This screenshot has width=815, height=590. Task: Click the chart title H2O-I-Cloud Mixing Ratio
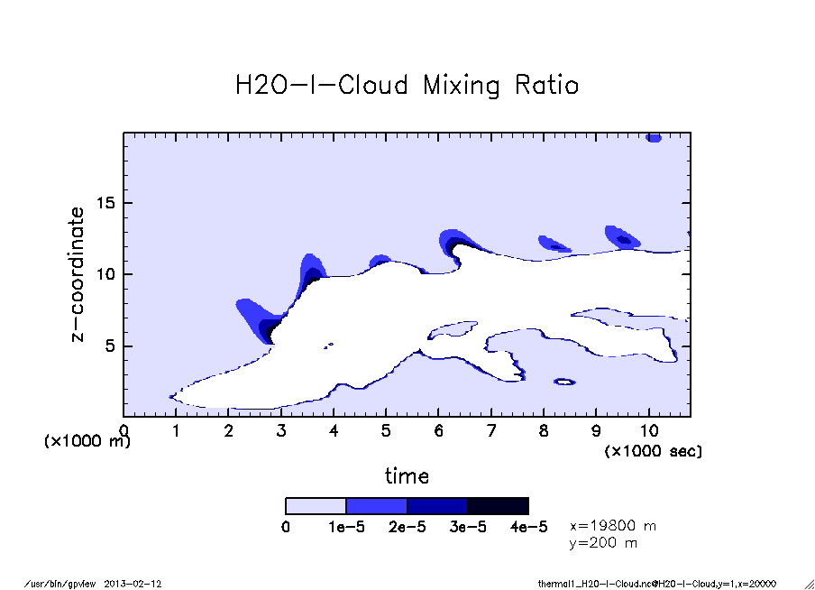click(407, 86)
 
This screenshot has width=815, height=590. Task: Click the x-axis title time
click(407, 475)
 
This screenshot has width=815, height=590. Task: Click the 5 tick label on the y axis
click(112, 346)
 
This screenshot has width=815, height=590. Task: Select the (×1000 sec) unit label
click(653, 450)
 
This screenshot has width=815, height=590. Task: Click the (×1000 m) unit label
click(87, 441)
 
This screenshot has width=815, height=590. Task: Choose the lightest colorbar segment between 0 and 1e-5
click(316, 506)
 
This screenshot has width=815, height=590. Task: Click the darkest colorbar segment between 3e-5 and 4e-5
click(498, 506)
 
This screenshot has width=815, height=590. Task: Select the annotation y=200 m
click(603, 543)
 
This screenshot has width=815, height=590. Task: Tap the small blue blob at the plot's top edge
click(654, 138)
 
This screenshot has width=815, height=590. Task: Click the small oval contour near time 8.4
click(563, 383)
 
